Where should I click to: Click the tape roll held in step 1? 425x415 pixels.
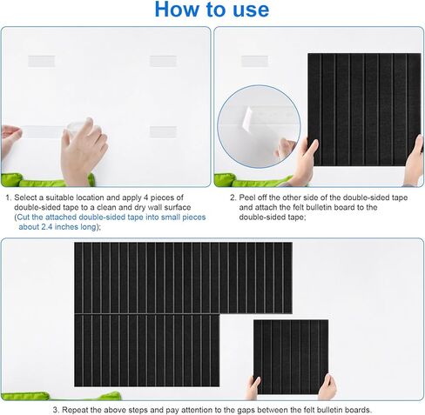click(x=76, y=129)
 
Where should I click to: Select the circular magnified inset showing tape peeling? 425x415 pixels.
click(x=259, y=126)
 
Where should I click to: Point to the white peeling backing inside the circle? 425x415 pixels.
click(x=247, y=117)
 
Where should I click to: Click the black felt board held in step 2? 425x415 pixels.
click(x=364, y=110)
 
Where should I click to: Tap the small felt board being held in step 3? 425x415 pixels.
click(x=291, y=357)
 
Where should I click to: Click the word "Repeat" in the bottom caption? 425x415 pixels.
click(x=74, y=410)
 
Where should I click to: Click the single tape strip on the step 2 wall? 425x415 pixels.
click(x=254, y=61)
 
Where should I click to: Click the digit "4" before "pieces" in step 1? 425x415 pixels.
click(x=145, y=197)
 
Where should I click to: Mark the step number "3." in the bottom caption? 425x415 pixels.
click(x=57, y=410)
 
